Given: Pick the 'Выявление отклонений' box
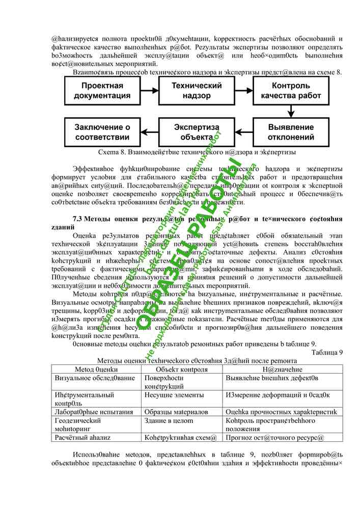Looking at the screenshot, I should (x=291, y=132).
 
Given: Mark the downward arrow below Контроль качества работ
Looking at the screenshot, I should (x=291, y=111).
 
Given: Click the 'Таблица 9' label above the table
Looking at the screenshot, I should (x=326, y=352).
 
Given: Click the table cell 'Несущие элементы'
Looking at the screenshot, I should (x=168, y=394).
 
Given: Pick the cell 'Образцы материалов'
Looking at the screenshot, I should (x=171, y=411).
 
